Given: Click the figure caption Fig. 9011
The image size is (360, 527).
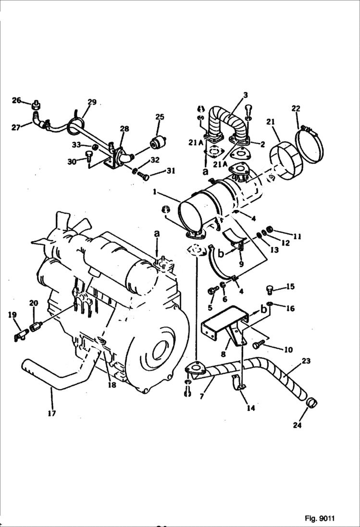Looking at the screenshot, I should pyautogui.click(x=319, y=518).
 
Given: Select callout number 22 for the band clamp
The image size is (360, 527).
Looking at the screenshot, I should pyautogui.click(x=295, y=110).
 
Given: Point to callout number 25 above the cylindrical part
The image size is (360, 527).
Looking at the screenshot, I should pyautogui.click(x=160, y=117).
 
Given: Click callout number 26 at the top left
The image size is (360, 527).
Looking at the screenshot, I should pyautogui.click(x=17, y=100).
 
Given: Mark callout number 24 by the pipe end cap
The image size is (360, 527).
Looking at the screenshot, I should pyautogui.click(x=297, y=425).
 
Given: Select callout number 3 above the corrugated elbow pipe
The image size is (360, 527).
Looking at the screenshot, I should pyautogui.click(x=245, y=95).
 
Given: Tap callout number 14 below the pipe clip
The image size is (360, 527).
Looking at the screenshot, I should pyautogui.click(x=250, y=408).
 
